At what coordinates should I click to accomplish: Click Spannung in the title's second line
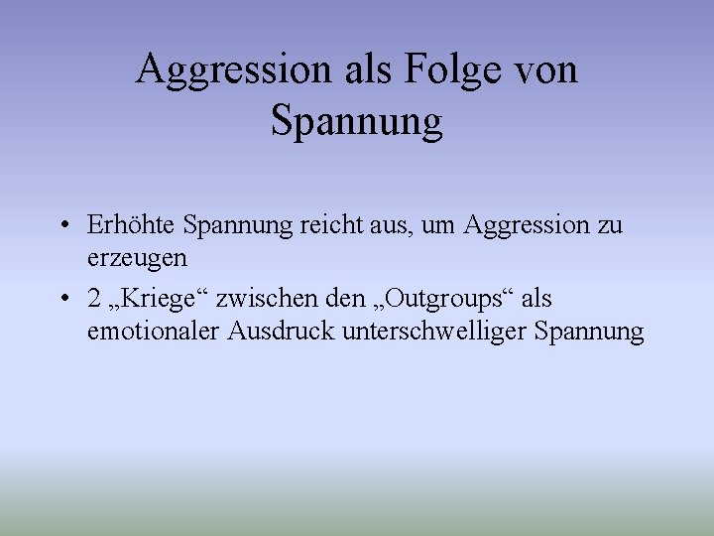tap(356, 123)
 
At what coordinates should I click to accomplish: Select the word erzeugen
tap(137, 258)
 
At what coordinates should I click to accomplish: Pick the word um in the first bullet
tap(442, 226)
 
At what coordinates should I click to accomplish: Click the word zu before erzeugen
tap(610, 226)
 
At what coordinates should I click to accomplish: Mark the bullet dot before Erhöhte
tap(62, 226)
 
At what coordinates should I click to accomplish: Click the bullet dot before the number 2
tap(62, 299)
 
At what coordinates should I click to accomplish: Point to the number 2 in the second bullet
tap(93, 299)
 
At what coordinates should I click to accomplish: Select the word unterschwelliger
tap(433, 331)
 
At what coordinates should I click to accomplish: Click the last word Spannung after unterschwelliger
tap(589, 332)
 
